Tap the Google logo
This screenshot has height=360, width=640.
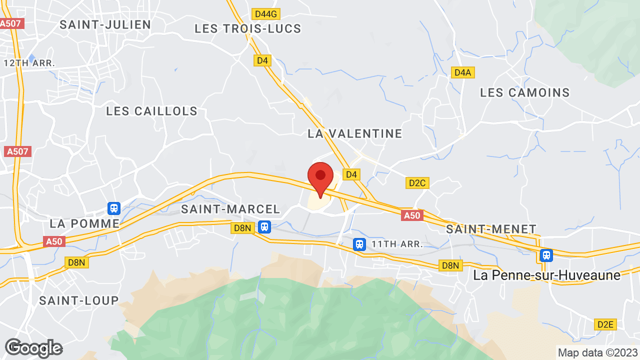33,348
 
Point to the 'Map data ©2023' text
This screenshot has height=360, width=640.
598,352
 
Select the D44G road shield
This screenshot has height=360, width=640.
265,13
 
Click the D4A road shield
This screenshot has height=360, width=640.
463,72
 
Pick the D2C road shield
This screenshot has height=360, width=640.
417,183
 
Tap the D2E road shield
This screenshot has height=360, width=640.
605,324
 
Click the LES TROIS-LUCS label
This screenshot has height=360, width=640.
248,28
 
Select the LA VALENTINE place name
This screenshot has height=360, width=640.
354,133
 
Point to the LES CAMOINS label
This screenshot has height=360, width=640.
525,92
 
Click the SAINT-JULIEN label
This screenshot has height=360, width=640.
105,24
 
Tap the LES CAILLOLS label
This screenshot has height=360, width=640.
152,111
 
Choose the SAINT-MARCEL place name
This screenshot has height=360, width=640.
230,209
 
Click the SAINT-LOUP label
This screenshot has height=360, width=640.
79,300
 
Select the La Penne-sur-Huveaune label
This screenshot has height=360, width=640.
546,275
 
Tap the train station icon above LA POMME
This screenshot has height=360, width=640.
114,207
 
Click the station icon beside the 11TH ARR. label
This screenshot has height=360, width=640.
358,244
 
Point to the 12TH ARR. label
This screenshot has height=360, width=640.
29,63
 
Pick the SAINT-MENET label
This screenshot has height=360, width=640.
491,229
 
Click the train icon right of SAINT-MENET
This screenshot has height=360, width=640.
546,255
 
